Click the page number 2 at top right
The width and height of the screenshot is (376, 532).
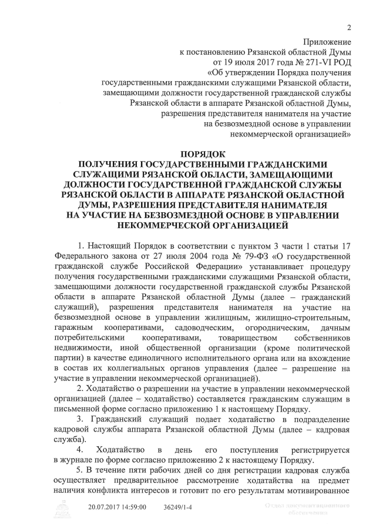pyautogui.click(x=349, y=27)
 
